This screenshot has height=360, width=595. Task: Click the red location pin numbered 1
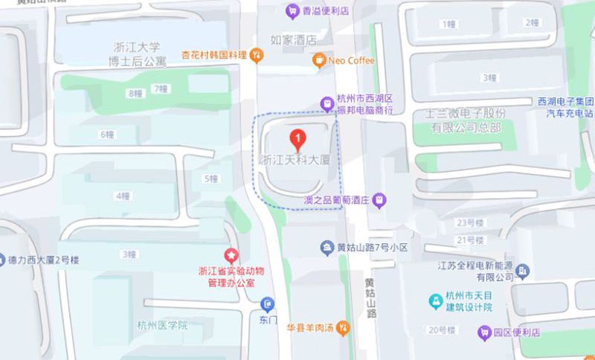298,138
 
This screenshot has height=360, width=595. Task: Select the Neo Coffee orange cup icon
318,60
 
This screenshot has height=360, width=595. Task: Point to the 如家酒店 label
293,39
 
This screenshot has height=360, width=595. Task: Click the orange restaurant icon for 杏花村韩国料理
256,54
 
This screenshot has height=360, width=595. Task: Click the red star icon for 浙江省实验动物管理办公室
231,255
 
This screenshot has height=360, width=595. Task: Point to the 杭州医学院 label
162,325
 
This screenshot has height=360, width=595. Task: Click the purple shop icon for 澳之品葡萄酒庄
379,199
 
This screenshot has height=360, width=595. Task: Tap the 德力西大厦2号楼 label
47,260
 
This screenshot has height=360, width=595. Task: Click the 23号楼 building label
470,222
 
